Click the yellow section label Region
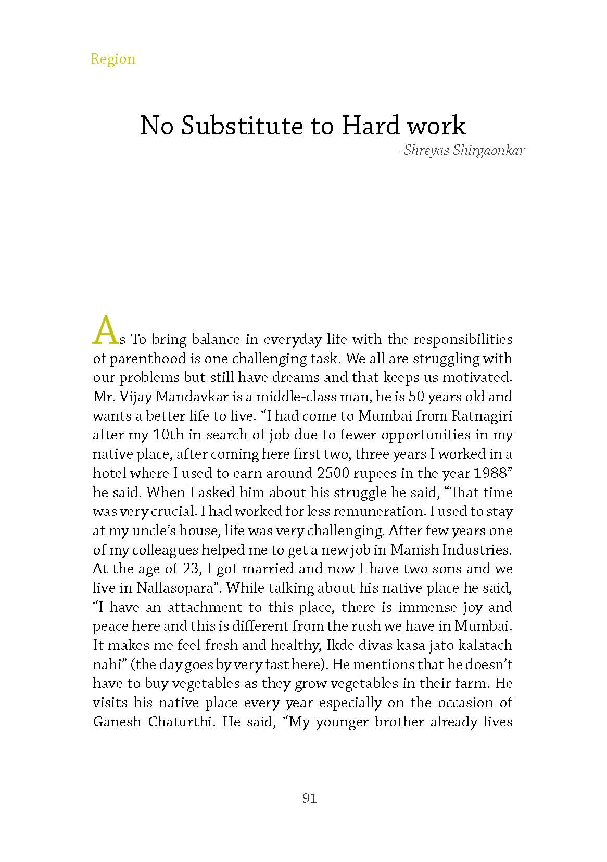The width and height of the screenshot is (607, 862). pyautogui.click(x=112, y=59)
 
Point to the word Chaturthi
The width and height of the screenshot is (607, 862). pyautogui.click(x=181, y=722)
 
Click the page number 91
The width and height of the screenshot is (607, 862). pyautogui.click(x=309, y=798)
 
